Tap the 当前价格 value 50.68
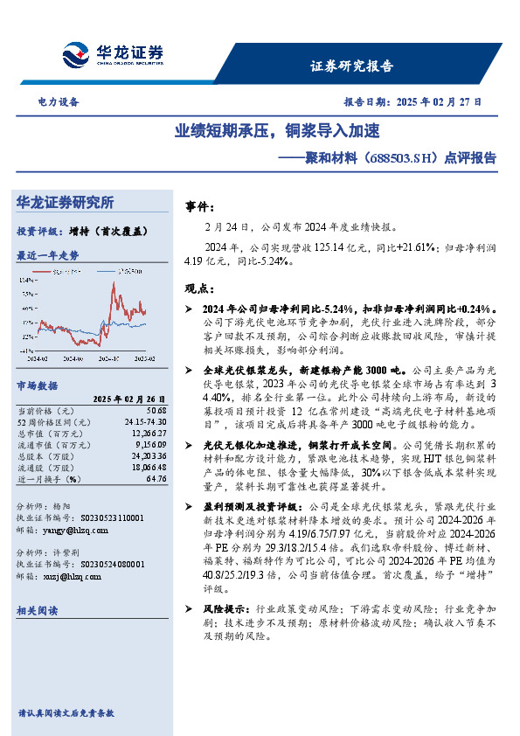click(156, 410)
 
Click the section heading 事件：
click(199, 207)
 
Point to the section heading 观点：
click(199, 288)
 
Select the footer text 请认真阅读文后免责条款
click(66, 713)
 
